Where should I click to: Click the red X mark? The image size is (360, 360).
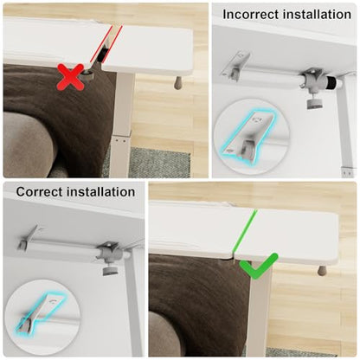(71, 77)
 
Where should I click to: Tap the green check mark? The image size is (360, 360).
(259, 266)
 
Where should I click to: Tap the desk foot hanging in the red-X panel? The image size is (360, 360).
(178, 82)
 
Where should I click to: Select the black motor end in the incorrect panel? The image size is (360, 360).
(332, 83)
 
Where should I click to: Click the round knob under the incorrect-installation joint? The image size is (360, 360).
(312, 103)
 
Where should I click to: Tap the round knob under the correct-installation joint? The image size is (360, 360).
(109, 270)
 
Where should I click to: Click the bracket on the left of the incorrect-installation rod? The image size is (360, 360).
(235, 67)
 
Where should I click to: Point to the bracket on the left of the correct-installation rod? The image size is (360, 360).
(29, 239)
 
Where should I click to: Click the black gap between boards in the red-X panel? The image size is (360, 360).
(102, 55)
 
